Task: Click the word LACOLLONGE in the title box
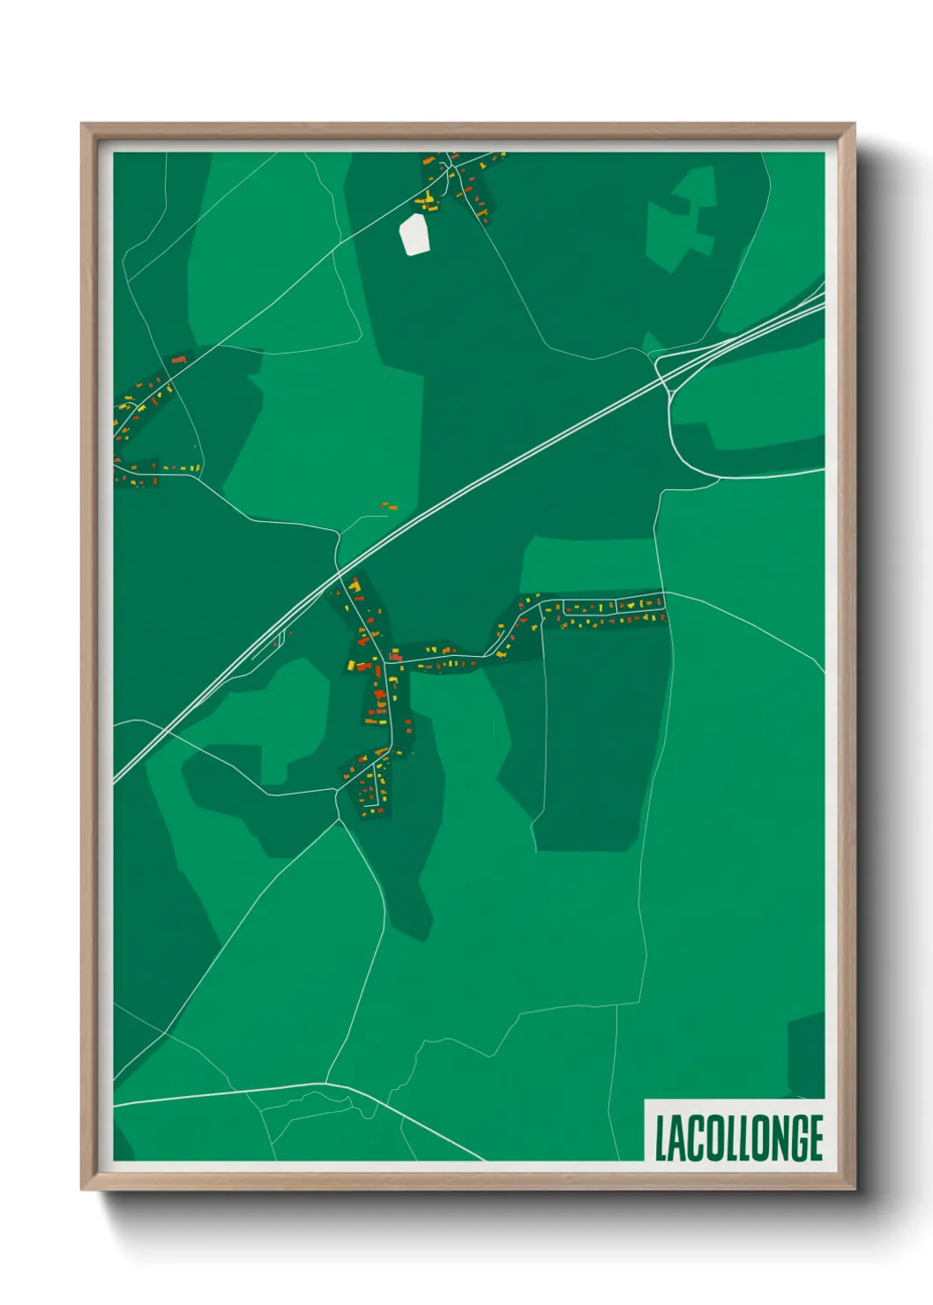[739, 1138]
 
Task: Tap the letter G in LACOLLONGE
[793, 1138]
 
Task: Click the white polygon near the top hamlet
[414, 234]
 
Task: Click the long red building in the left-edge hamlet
[179, 360]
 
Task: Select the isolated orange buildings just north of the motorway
[389, 506]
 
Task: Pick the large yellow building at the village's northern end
[355, 585]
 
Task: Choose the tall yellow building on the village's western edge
[350, 665]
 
